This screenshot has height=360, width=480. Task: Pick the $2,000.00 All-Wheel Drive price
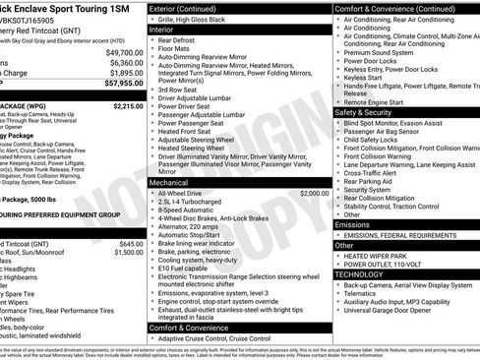coord(314,194)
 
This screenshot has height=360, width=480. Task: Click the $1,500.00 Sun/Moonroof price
coord(128,253)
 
